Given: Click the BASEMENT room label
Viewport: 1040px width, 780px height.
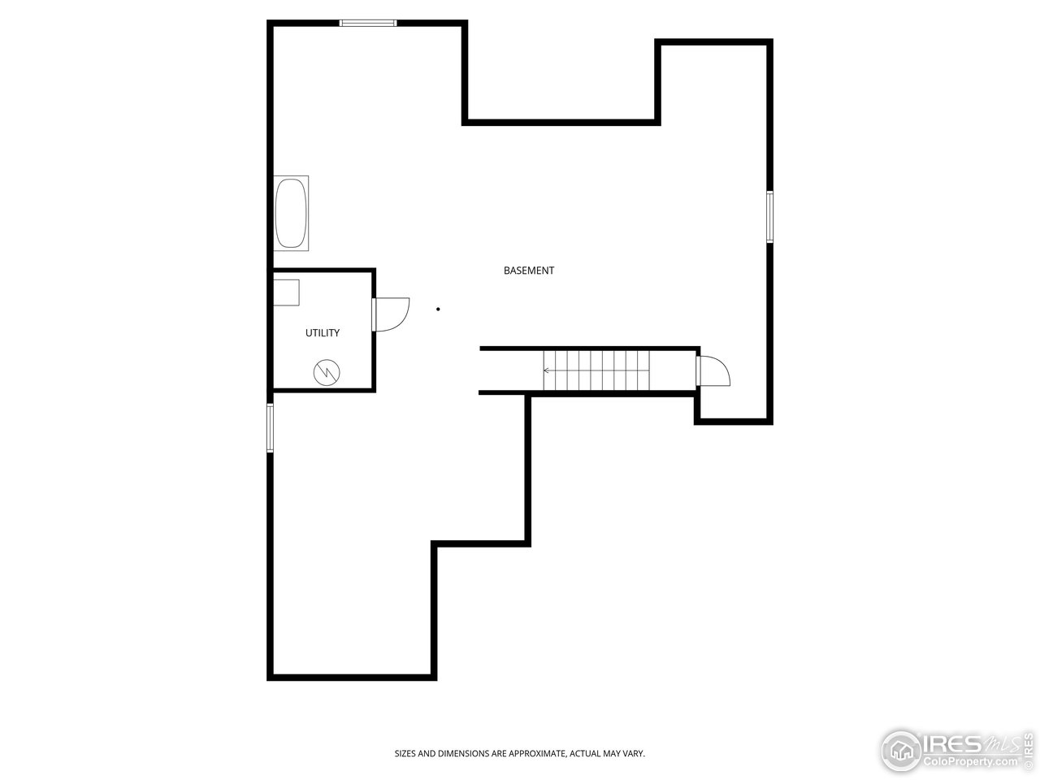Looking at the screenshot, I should [x=529, y=271].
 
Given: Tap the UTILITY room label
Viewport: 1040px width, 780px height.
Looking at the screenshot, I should [x=323, y=333].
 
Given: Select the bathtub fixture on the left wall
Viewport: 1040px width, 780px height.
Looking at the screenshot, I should [x=291, y=214].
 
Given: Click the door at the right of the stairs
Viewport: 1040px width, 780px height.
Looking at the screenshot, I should [x=715, y=371].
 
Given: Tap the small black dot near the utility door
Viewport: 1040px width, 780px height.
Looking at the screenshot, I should [x=439, y=309].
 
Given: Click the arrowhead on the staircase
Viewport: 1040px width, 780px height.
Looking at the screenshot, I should [x=547, y=370].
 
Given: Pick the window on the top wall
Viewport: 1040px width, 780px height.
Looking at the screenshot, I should [x=368, y=23].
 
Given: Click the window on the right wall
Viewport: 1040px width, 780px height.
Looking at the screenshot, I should [x=769, y=216].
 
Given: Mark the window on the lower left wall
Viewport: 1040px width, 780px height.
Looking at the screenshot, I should [x=271, y=427].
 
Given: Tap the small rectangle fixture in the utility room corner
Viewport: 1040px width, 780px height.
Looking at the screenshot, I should [x=286, y=292].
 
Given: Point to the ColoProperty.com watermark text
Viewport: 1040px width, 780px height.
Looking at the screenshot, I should [x=968, y=761].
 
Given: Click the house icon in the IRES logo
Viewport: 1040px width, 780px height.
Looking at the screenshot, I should [x=900, y=749].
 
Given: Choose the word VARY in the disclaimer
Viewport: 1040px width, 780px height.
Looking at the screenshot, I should [x=634, y=754].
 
